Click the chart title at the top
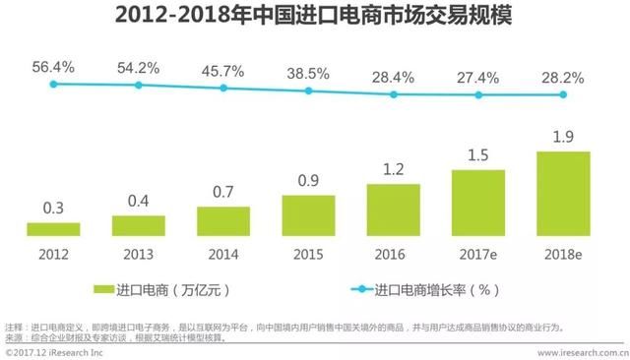[x=314, y=18]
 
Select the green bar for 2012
[x=53, y=229]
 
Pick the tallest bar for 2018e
[x=563, y=194]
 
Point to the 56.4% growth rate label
[x=53, y=66]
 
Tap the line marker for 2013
[x=139, y=86]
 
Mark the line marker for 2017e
[x=478, y=94]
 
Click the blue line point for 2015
[x=308, y=90]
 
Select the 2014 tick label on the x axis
[x=223, y=253]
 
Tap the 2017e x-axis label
[x=478, y=253]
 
